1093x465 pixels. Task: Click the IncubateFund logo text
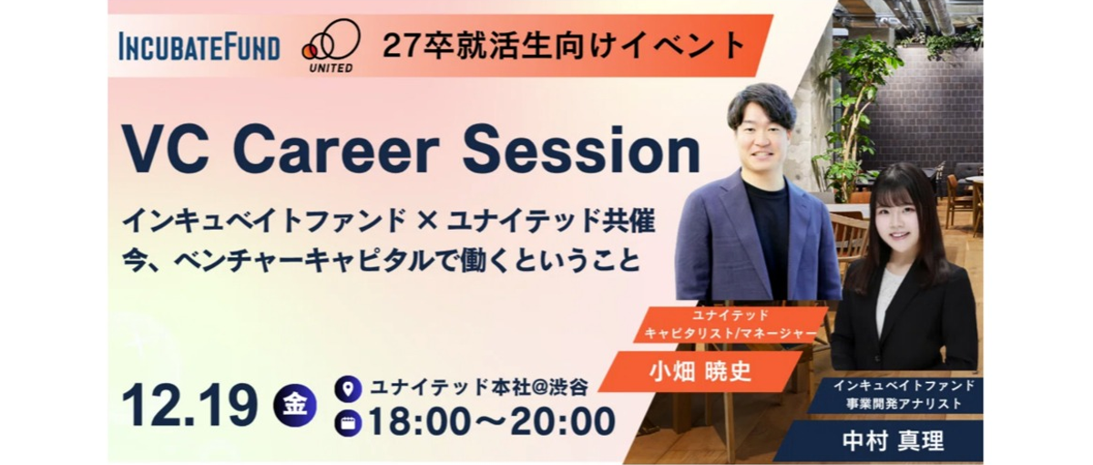pos(199,46)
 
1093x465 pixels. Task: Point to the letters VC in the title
pos(168,151)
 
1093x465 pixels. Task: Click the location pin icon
pos(348,387)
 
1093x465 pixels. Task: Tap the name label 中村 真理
pos(891,442)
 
